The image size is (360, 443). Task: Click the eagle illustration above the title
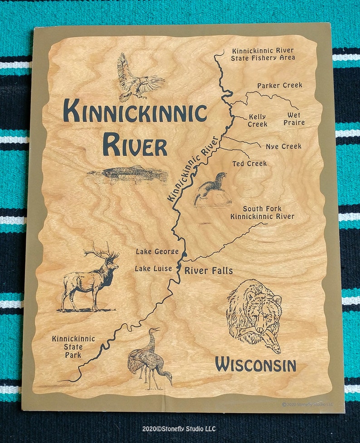tap(139, 79)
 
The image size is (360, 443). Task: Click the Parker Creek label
tap(279, 85)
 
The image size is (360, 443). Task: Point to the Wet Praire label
tap(294, 119)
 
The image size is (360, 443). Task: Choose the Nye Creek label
tap(283, 146)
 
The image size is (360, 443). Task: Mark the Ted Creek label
tap(249, 163)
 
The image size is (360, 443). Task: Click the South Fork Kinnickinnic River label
tap(262, 213)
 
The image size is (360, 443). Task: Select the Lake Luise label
tap(153, 268)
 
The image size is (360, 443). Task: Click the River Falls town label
tap(208, 271)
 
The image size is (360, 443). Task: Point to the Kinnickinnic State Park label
tap(73, 346)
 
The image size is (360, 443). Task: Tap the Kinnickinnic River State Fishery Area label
tap(263, 54)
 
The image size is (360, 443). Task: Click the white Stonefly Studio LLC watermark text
tap(179, 428)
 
